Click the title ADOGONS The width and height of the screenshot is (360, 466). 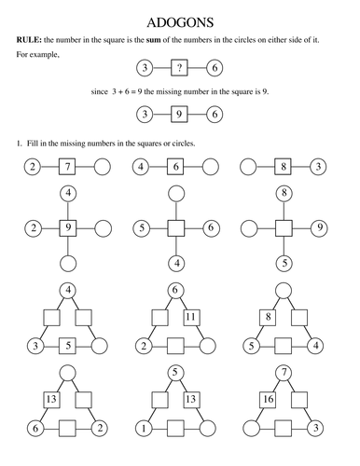coord(180,22)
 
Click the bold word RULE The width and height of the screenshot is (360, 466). coord(29,40)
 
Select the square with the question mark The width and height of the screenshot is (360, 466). coord(179,68)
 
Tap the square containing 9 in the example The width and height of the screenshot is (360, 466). coord(179,115)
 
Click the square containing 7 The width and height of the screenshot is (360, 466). coord(67,167)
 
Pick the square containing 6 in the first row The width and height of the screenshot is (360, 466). coord(175,167)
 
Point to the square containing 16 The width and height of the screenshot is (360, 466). coord(269,399)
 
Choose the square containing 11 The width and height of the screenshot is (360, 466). coord(191,317)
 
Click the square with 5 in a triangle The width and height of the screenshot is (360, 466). coord(68,346)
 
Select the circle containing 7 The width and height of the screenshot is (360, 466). coord(284,373)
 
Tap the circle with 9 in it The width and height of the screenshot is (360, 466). coord(320,228)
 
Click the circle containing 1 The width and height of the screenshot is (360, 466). coord(144,429)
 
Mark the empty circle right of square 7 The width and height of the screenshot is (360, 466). coord(103,167)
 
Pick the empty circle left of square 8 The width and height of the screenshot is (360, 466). coord(248,167)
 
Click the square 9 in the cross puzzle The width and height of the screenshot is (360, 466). coord(68,228)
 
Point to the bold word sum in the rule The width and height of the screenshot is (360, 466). coord(154,40)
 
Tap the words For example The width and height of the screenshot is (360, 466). coord(37,55)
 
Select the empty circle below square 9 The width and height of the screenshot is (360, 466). coord(68,264)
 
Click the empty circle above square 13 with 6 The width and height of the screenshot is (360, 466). coord(68,373)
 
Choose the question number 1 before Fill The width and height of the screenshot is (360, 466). coord(19,144)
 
